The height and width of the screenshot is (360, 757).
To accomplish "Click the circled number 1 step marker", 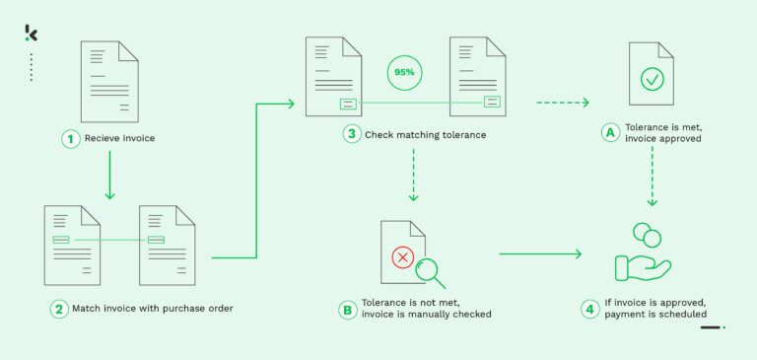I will click(x=71, y=139).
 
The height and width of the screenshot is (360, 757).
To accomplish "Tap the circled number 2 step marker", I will click(x=59, y=309).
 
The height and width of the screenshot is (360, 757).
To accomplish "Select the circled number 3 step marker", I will click(x=352, y=134).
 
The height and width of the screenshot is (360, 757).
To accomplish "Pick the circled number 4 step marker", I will click(x=590, y=309).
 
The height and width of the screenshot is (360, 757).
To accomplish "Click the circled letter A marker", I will click(x=610, y=132).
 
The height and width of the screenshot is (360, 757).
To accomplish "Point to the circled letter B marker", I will click(x=347, y=309).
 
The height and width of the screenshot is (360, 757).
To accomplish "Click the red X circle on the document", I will click(x=402, y=257).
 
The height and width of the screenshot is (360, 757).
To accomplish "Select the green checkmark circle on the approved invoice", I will click(x=652, y=78).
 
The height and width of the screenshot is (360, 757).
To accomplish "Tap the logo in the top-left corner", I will click(x=32, y=34).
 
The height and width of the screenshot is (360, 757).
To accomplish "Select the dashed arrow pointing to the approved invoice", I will click(x=563, y=102).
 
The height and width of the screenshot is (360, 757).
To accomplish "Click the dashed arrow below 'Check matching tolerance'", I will click(x=413, y=178).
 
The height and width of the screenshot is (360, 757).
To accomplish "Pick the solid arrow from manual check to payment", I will click(x=540, y=253).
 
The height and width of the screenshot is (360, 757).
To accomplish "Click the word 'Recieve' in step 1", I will click(x=104, y=139).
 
